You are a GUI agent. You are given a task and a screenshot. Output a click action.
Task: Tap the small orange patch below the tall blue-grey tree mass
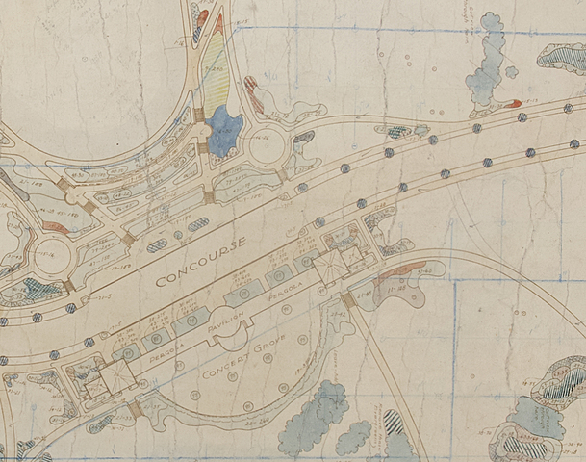point(512,103)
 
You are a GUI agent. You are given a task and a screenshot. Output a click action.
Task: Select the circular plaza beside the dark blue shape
point(263,147)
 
